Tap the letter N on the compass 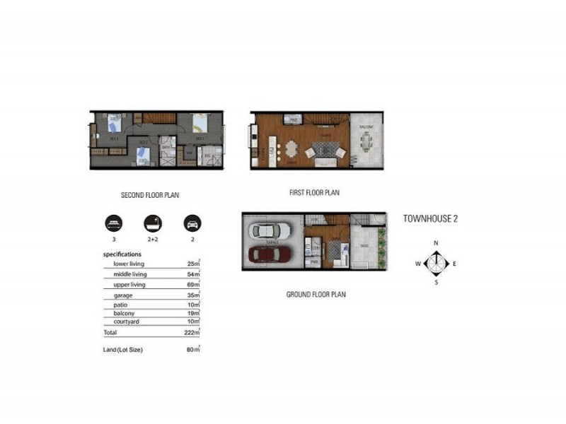click(437, 243)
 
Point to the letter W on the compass click(417, 264)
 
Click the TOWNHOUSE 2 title click(430, 219)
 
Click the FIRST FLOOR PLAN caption click(315, 192)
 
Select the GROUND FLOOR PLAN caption click(316, 295)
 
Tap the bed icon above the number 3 click(112, 224)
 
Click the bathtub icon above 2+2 click(151, 224)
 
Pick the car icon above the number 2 click(191, 224)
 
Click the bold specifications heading click(122, 254)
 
